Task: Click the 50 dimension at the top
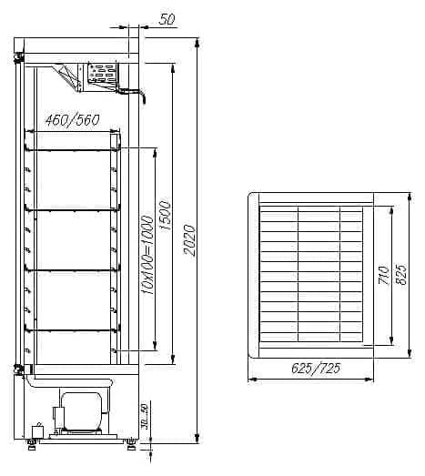click(x=167, y=19)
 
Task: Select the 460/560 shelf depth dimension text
click(x=72, y=120)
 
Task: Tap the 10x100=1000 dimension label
click(x=147, y=255)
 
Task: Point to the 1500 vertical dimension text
click(x=166, y=216)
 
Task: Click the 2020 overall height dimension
click(x=189, y=240)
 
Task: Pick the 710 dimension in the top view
click(x=384, y=275)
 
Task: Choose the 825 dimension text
click(x=400, y=275)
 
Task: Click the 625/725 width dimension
click(x=316, y=369)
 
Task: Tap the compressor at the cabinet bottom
click(x=81, y=411)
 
